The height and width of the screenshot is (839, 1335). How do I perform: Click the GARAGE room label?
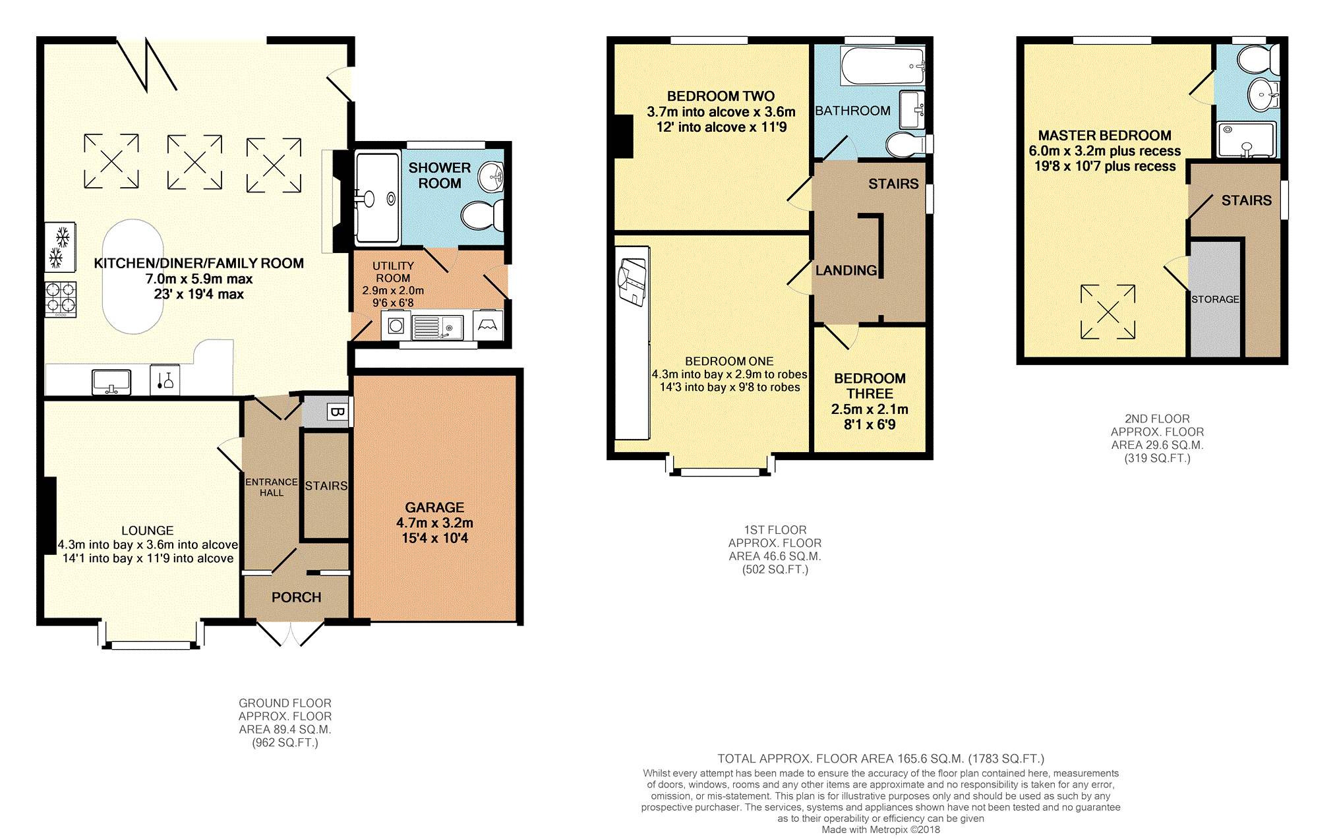point(434,507)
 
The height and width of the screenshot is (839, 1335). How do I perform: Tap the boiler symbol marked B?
point(337,413)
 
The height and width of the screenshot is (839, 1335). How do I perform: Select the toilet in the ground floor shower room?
point(482,215)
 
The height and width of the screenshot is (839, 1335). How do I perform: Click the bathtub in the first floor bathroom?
point(883,65)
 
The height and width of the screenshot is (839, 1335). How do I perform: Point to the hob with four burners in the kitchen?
point(61,299)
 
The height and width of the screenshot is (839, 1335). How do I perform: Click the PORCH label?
point(296,597)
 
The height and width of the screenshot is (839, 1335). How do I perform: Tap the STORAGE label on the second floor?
point(1215,299)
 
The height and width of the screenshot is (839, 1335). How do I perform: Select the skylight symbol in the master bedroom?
point(1108,312)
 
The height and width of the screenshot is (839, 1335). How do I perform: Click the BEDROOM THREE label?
point(870,386)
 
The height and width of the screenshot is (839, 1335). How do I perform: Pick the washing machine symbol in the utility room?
point(396,326)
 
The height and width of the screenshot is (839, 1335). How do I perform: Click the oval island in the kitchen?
point(133,277)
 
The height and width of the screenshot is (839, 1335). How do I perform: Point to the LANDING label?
point(846,270)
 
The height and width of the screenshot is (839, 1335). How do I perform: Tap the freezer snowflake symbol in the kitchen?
point(60,247)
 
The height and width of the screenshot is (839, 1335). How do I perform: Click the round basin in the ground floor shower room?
point(490,176)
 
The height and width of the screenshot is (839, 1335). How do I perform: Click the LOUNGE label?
point(147,531)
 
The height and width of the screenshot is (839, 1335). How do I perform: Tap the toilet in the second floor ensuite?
point(1259,59)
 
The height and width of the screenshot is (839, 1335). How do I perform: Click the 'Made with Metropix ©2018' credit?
point(881,830)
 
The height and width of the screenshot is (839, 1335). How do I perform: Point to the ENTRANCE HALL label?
point(271,487)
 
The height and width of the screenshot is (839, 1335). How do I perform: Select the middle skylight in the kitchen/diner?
point(194,162)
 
